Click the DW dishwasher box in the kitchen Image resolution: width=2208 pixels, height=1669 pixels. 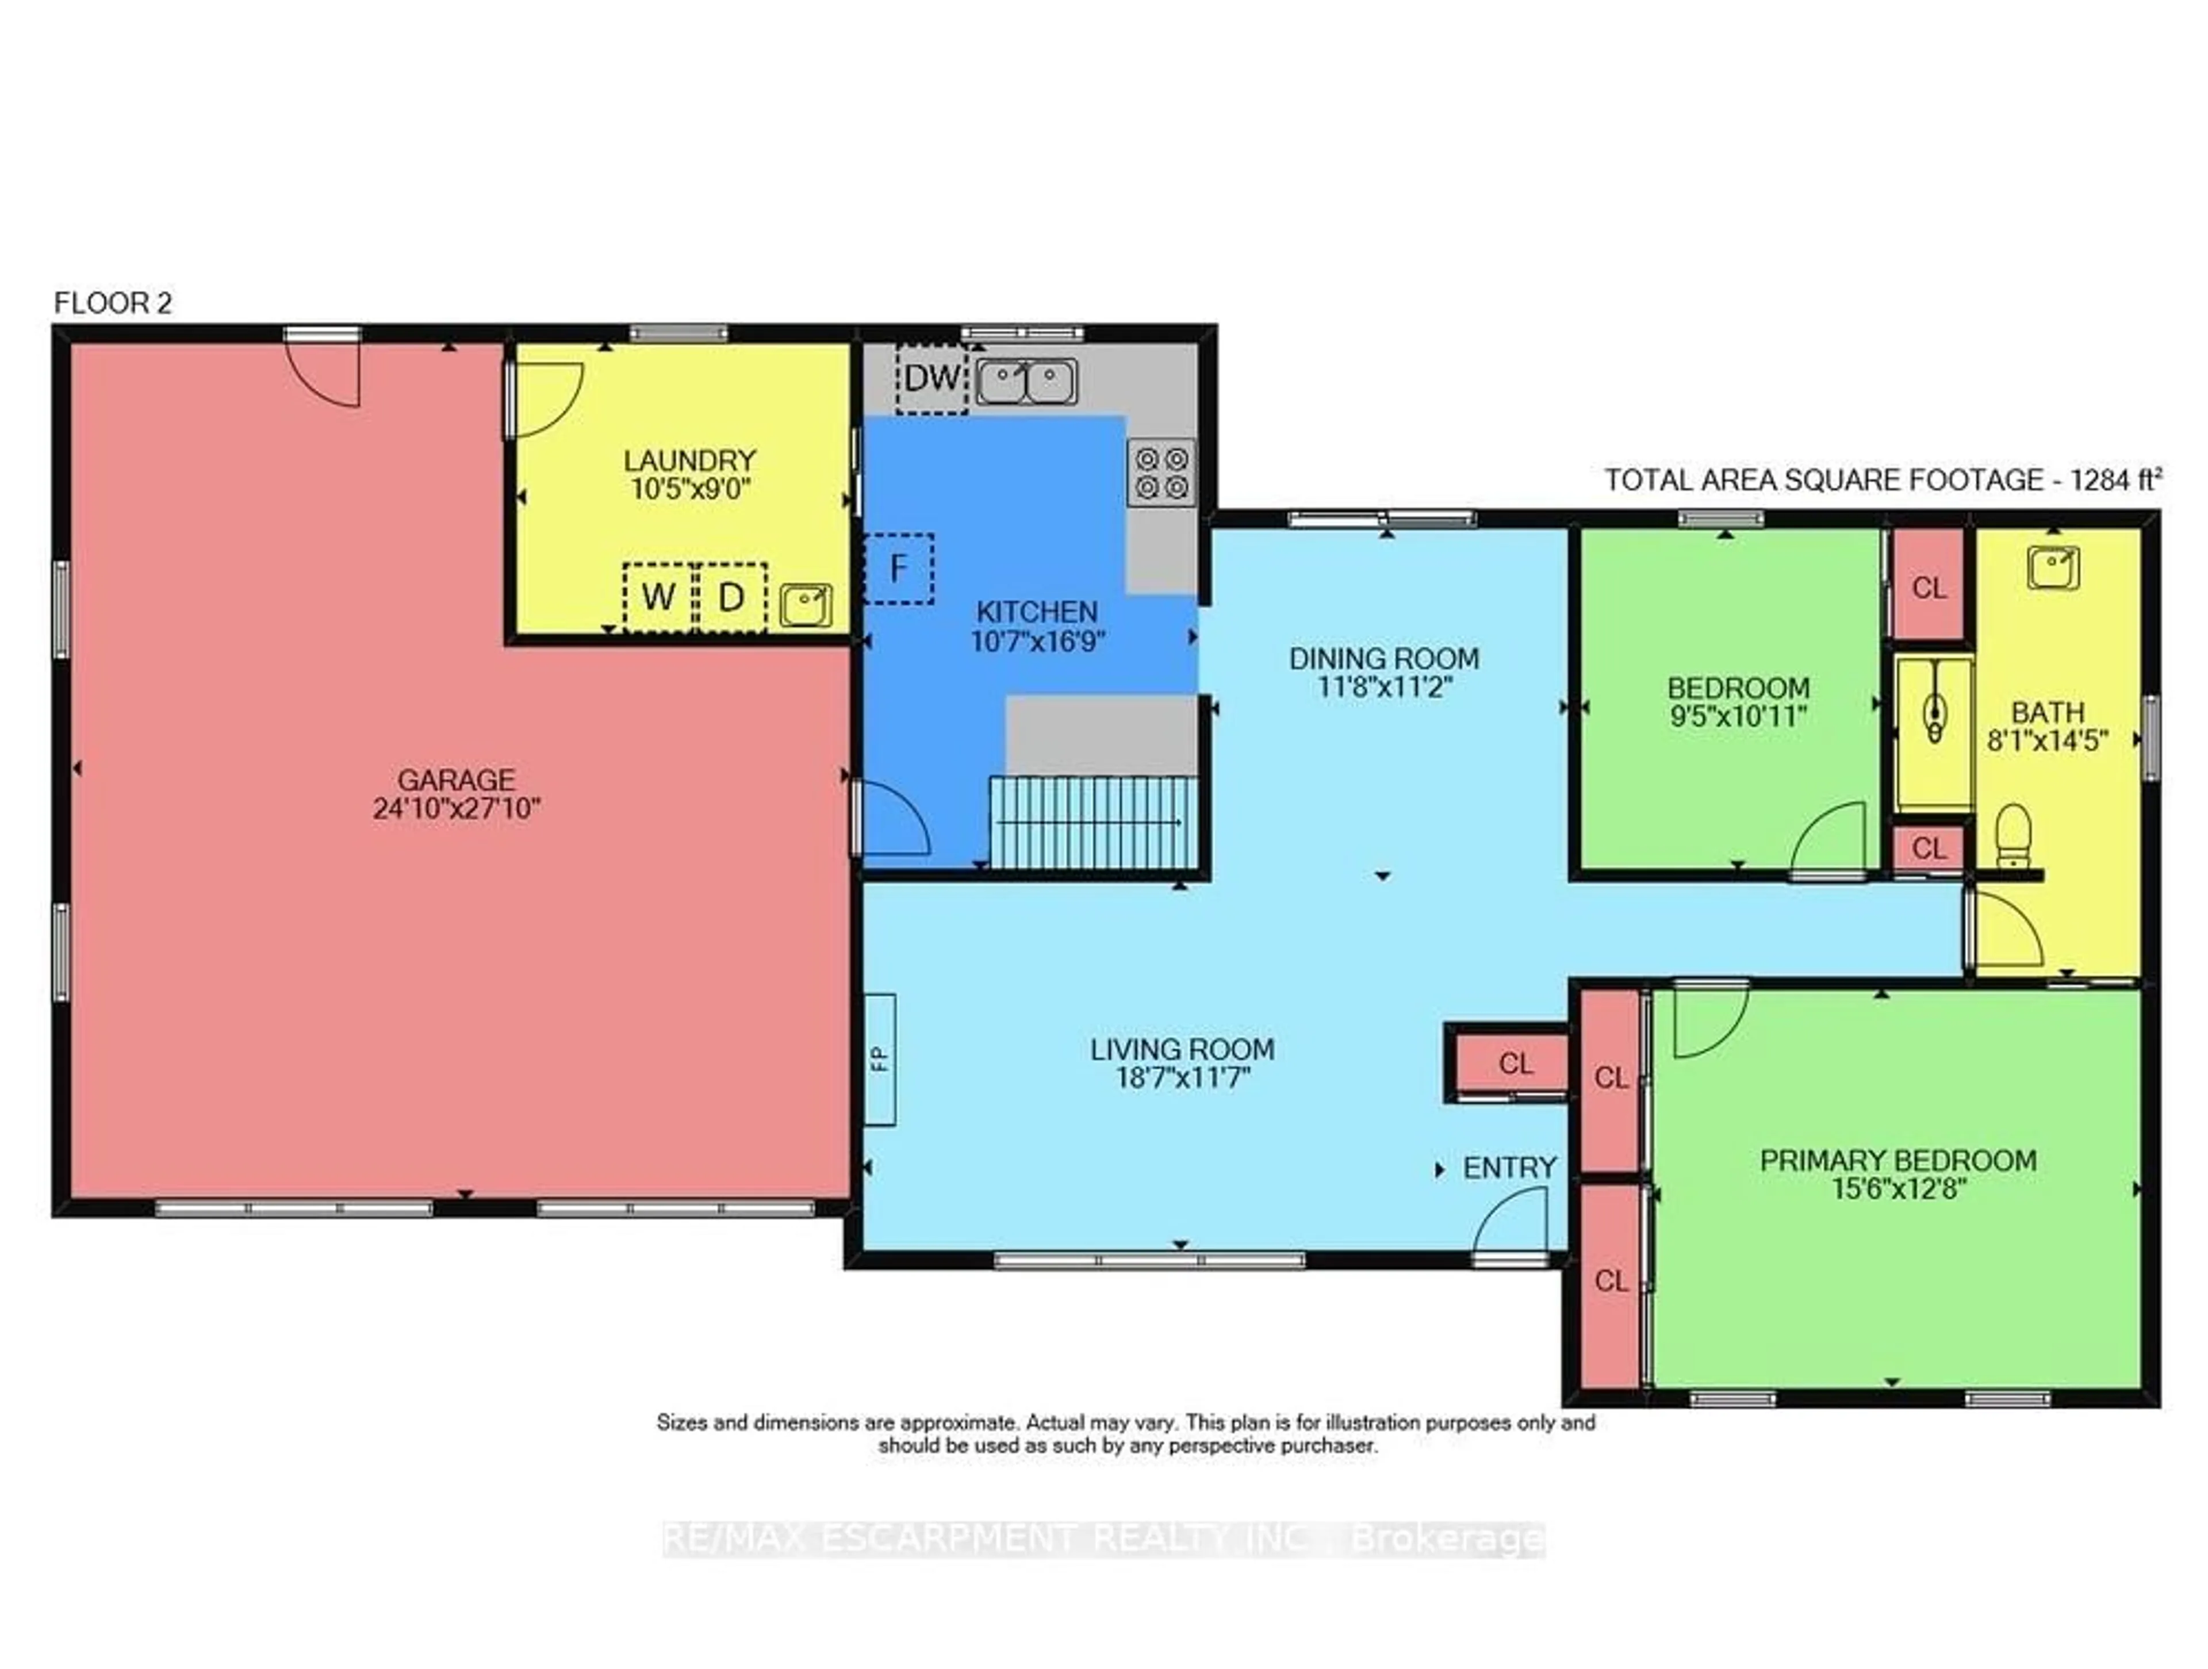pyautogui.click(x=931, y=378)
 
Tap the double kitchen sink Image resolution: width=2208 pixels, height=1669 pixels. pyautogui.click(x=1026, y=381)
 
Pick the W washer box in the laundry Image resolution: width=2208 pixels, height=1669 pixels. pyautogui.click(x=658, y=597)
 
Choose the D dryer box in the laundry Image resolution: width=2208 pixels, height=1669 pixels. pyautogui.click(x=731, y=597)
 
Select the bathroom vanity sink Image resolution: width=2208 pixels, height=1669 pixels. pyautogui.click(x=2053, y=568)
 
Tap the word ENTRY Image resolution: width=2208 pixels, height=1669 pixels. pyautogui.click(x=1509, y=1168)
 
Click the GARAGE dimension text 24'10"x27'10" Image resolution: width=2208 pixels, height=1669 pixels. pyautogui.click(x=456, y=808)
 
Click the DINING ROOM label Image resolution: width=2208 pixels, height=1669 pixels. pyautogui.click(x=1383, y=659)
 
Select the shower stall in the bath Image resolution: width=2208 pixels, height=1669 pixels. pyautogui.click(x=1934, y=732)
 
